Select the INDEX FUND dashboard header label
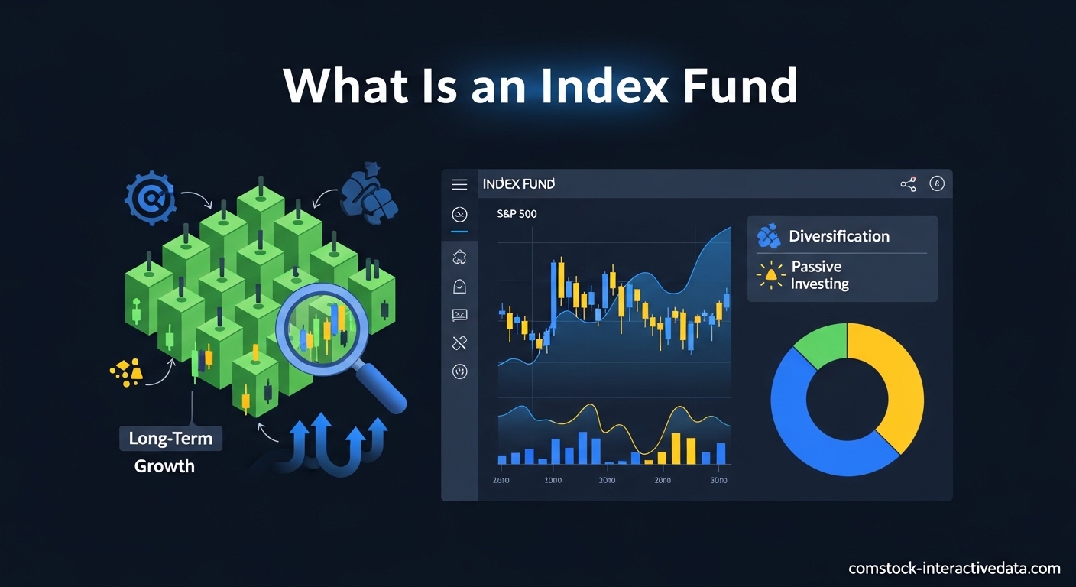(518, 184)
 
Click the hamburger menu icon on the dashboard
(459, 184)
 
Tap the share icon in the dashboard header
(908, 184)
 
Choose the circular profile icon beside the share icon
(937, 184)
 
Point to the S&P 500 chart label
(517, 214)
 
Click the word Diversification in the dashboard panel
(839, 236)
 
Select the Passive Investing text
(819, 275)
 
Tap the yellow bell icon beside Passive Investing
(770, 274)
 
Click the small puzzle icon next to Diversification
(768, 236)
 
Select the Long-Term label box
(170, 439)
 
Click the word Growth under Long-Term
(164, 465)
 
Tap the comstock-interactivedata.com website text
(954, 568)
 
